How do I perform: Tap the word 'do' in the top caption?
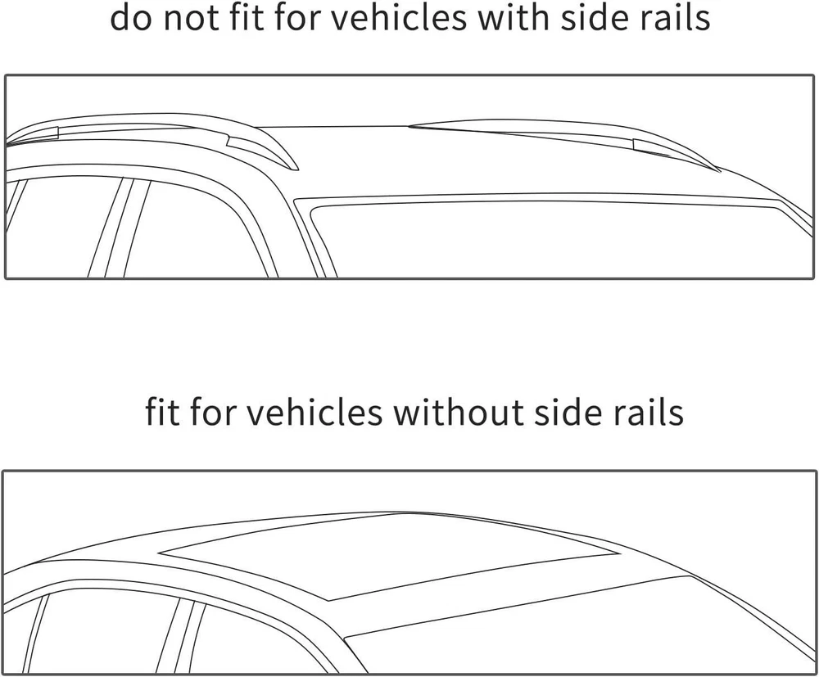coord(129,18)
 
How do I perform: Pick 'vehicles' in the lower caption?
coord(314,412)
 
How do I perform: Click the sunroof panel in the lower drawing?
coord(385,557)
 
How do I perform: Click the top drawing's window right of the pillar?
coord(197,237)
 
